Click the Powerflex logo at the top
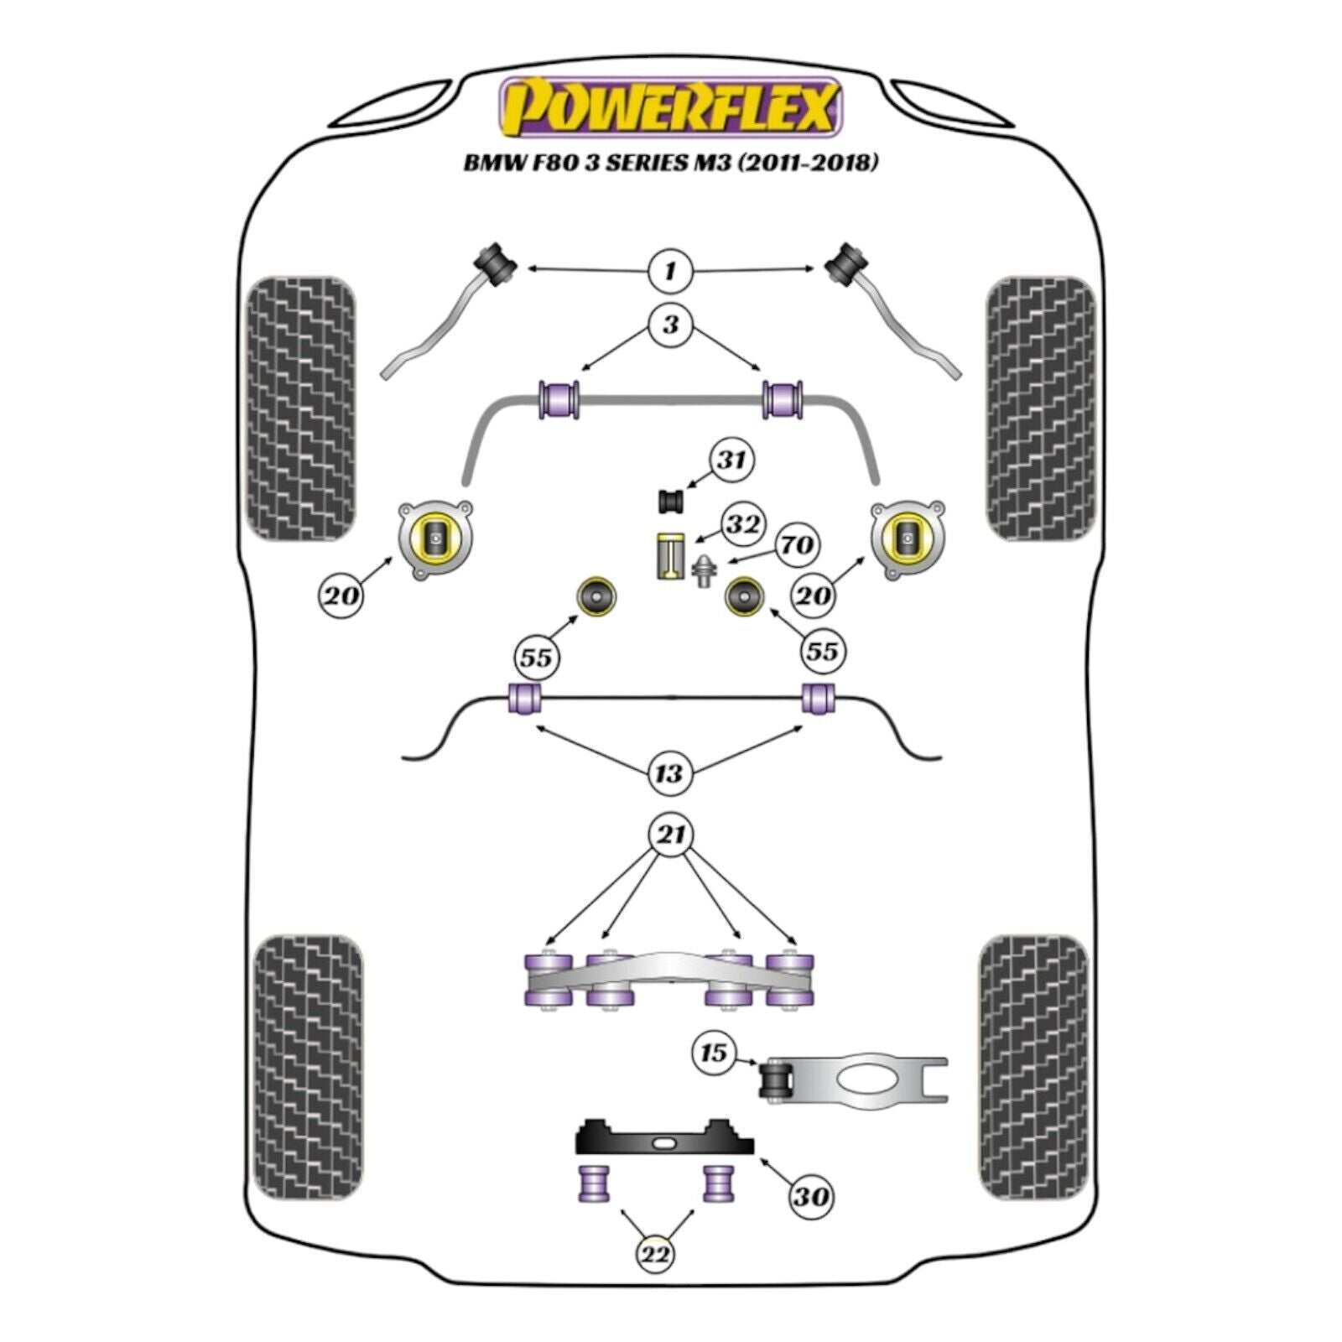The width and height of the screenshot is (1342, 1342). coord(671,107)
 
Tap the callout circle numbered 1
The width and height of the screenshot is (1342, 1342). coord(669,271)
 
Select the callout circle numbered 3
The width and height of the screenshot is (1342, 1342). coord(669,325)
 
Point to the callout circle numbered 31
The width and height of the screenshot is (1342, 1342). coord(731,460)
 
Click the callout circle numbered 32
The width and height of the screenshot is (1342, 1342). coord(742,525)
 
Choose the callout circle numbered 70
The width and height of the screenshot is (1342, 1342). coord(795,545)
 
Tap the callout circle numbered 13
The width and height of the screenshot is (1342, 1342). coord(668,772)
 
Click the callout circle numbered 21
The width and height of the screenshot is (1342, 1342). coord(671,835)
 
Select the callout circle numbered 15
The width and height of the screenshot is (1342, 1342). coord(713,1052)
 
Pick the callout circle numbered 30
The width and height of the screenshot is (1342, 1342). coord(810,1196)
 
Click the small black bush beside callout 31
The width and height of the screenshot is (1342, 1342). coord(670,501)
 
